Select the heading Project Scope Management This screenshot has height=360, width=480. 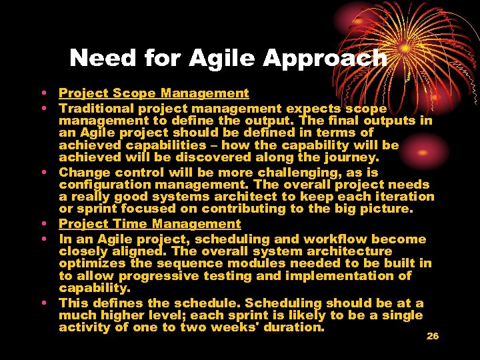(153, 94)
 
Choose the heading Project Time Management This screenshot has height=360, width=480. (149, 225)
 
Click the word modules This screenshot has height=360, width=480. (240, 263)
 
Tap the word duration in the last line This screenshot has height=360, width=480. (294, 327)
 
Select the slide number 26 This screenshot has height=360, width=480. (433, 336)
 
